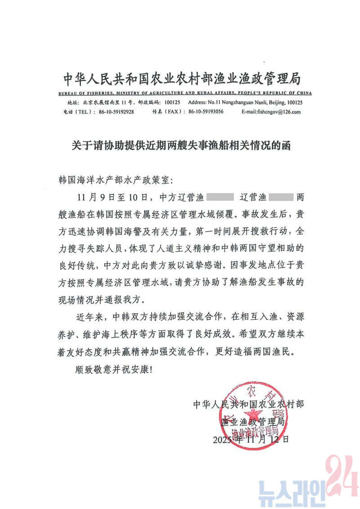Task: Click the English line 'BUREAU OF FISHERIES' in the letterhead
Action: pos(184,93)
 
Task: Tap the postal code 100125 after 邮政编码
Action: pos(172,103)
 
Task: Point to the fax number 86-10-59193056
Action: pos(206,112)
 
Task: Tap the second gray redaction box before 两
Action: pos(281,197)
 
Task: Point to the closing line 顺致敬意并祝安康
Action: pos(115,370)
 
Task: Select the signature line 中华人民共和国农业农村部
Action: pos(248,404)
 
